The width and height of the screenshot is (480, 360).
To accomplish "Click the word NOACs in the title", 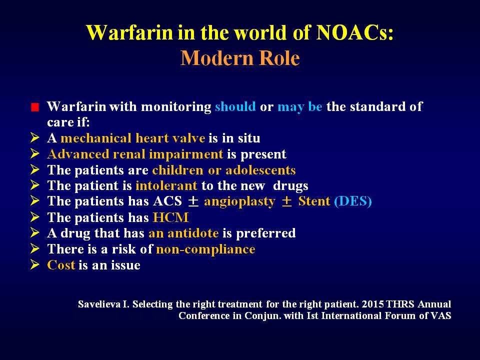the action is pyautogui.click(x=354, y=32).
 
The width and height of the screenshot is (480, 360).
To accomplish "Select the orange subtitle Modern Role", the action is pyautogui.click(x=240, y=58).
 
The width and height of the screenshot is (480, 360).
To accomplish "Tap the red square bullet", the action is pyautogui.click(x=35, y=107).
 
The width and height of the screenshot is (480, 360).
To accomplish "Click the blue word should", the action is pyautogui.click(x=235, y=106).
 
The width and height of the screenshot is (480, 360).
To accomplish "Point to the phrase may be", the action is pyautogui.click(x=299, y=107).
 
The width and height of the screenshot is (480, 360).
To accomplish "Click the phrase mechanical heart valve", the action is pyautogui.click(x=133, y=138).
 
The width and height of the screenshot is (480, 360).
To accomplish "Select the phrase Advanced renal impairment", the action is pyautogui.click(x=135, y=154).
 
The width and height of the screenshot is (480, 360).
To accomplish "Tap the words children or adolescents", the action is pyautogui.click(x=224, y=170).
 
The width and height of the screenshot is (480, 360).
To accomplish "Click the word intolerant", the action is pyautogui.click(x=166, y=186).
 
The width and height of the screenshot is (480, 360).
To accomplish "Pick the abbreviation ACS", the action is pyautogui.click(x=168, y=201).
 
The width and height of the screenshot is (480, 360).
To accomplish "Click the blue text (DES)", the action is pyautogui.click(x=353, y=201).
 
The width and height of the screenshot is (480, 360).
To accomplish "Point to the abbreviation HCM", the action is pyautogui.click(x=170, y=217).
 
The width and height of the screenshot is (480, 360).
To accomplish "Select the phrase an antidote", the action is pyautogui.click(x=183, y=233).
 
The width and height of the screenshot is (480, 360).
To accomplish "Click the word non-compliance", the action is pyautogui.click(x=205, y=249).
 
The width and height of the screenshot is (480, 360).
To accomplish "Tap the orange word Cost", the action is pyautogui.click(x=61, y=265).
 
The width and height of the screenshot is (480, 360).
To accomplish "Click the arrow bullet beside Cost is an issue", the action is pyautogui.click(x=35, y=264).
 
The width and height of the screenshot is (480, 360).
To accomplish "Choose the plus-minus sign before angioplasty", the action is pyautogui.click(x=193, y=201).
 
